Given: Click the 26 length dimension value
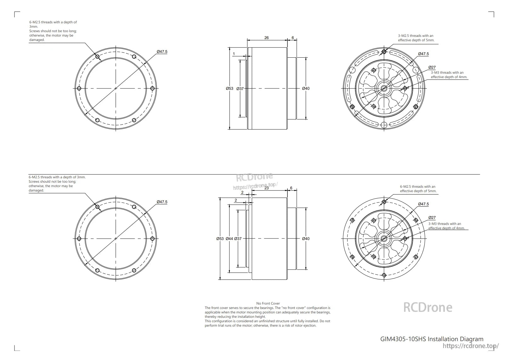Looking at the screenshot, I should [x=266, y=38].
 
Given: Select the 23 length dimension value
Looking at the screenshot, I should [x=267, y=188].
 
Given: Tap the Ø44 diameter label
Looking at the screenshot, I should [x=229, y=239].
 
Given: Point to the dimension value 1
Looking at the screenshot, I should [x=234, y=54].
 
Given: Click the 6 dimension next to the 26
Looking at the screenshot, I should [x=293, y=38].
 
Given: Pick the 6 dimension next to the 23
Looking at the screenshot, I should [x=291, y=188].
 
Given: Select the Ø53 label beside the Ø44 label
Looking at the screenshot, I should [x=220, y=239].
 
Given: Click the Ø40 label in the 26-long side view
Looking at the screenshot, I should [x=306, y=89].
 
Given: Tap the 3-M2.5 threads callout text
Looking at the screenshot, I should [x=416, y=38].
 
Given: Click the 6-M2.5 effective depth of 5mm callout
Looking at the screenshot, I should [x=418, y=189].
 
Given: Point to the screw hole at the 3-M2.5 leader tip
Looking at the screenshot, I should [x=384, y=51].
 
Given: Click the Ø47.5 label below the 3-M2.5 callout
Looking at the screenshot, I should [x=423, y=54].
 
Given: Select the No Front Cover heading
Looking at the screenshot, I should [x=268, y=303].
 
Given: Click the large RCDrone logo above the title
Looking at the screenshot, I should [x=428, y=307].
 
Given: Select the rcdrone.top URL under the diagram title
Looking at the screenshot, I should [x=471, y=346].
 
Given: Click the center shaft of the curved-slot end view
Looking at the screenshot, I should [x=384, y=89].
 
